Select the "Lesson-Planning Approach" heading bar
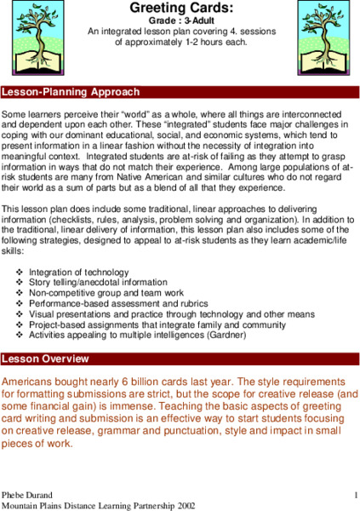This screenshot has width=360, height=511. click(x=180, y=91)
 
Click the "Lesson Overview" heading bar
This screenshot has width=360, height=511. click(x=180, y=358)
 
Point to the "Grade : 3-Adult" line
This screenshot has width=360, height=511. click(x=179, y=19)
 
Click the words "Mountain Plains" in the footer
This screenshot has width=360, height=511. click(x=32, y=506)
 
